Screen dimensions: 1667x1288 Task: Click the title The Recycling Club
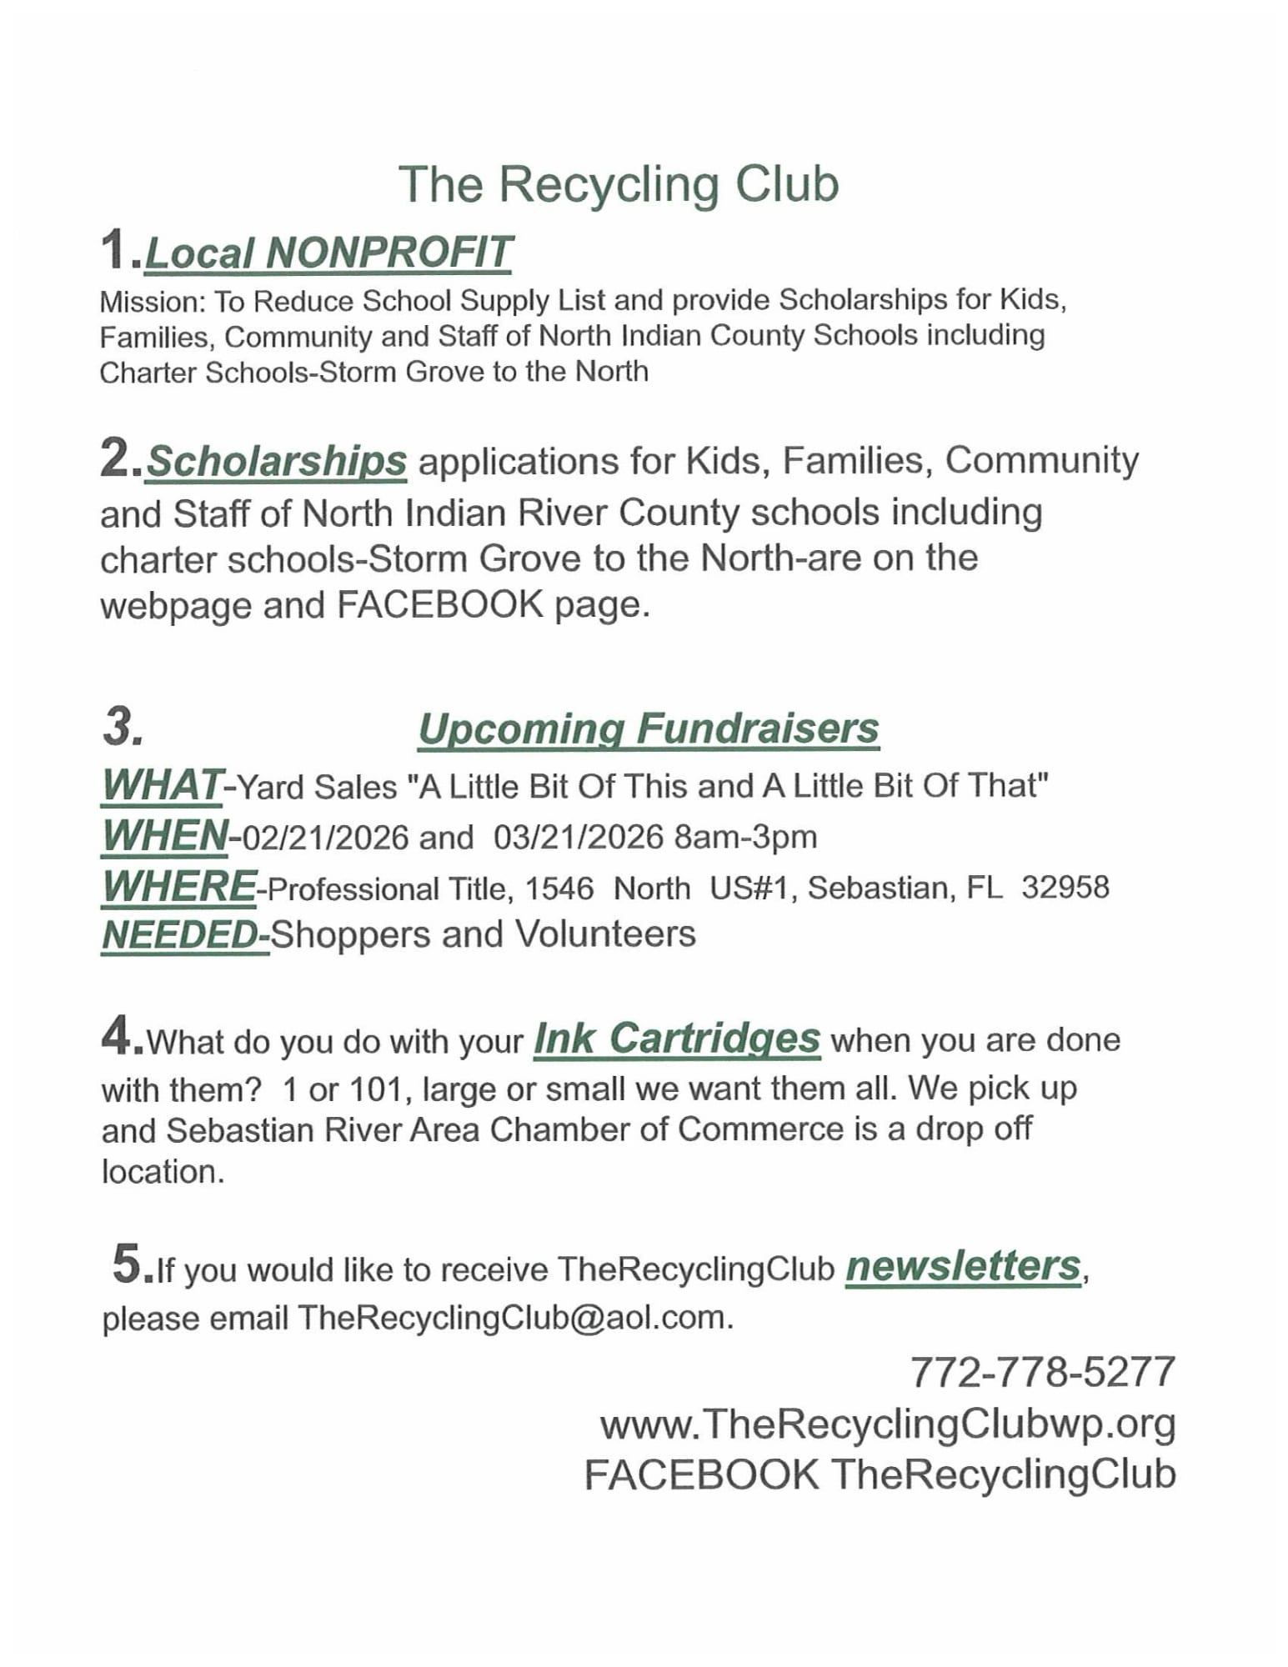(618, 184)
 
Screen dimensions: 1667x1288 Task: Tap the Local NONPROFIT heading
(328, 253)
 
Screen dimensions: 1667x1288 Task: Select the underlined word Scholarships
(276, 461)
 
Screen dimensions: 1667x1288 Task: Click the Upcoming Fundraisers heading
(648, 728)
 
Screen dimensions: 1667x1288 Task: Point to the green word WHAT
(161, 785)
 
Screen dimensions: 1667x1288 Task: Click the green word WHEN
(164, 835)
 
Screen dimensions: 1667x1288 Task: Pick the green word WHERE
(178, 886)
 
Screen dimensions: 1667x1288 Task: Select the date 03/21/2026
(579, 837)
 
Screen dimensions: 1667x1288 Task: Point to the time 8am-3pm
(745, 837)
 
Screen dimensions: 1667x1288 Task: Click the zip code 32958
(1065, 887)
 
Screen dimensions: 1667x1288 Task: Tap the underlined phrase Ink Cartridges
(676, 1039)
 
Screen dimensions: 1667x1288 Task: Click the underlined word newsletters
(963, 1266)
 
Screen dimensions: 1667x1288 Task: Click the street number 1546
(559, 889)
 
